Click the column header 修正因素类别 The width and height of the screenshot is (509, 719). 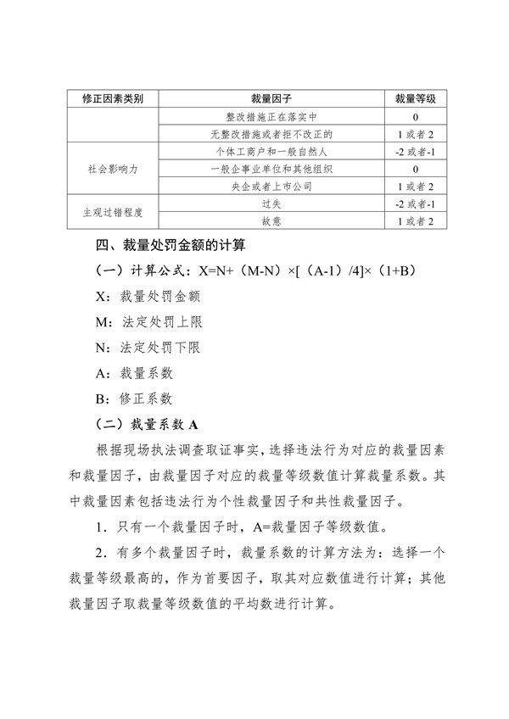click(x=111, y=99)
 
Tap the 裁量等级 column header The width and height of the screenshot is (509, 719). click(x=415, y=99)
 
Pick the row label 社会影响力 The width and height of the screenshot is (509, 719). click(x=111, y=169)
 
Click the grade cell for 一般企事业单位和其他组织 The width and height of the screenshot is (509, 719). click(x=415, y=169)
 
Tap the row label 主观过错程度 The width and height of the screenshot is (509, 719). click(x=111, y=213)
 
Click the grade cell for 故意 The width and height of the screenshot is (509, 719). click(x=415, y=222)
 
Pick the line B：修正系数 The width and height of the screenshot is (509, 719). click(x=136, y=398)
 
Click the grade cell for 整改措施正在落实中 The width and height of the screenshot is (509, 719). click(x=415, y=117)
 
